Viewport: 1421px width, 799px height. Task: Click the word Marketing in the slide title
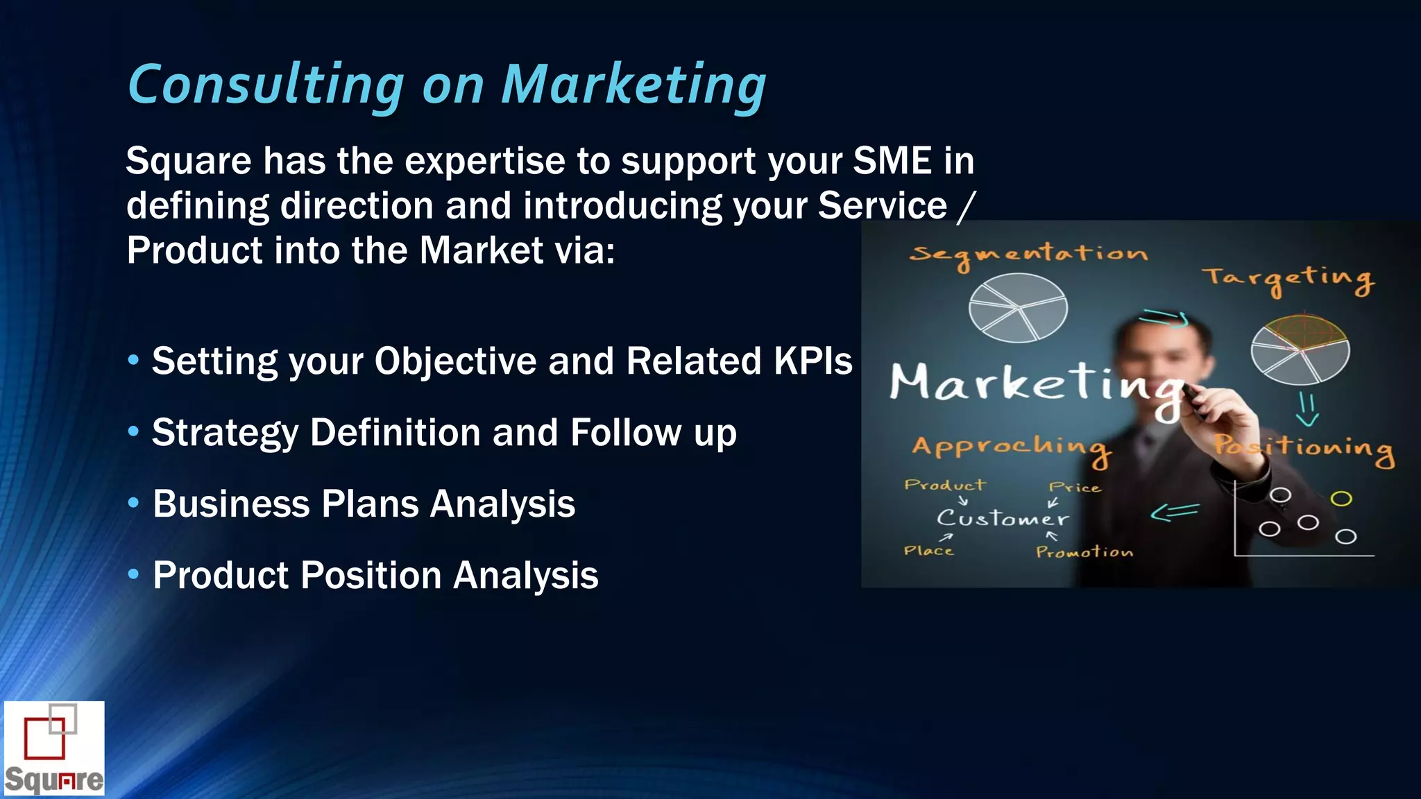coord(633,85)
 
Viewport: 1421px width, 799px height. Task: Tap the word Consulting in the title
coord(266,85)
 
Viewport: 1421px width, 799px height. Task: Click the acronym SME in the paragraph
coord(892,161)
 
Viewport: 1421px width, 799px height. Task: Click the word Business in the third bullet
coord(230,504)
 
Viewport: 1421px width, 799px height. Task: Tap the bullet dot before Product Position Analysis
coord(134,574)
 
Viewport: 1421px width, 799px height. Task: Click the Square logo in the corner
coord(54,748)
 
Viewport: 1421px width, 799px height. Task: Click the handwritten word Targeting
coord(1288,279)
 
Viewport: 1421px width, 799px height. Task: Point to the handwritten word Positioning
coord(1304,447)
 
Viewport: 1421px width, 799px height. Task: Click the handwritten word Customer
coord(1003,518)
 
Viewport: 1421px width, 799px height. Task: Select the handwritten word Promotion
coord(1084,552)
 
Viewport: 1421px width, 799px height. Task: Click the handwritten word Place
coord(928,551)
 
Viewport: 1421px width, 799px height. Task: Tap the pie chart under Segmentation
coord(1017,307)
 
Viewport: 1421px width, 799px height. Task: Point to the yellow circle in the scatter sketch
coord(1341,499)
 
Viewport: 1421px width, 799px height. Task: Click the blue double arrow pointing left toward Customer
coord(1174,512)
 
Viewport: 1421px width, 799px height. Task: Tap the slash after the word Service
coord(965,207)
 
